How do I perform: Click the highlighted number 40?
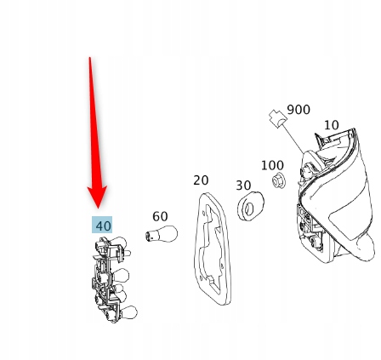[102, 226]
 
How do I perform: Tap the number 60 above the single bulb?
[160, 216]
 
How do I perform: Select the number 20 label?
[201, 180]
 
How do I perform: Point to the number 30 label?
[243, 186]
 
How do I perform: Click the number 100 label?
[272, 165]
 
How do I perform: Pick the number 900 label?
[299, 110]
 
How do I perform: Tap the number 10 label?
[331, 125]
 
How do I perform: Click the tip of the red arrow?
[98, 209]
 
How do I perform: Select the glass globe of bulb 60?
[168, 233]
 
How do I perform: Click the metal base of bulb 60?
[150, 236]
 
